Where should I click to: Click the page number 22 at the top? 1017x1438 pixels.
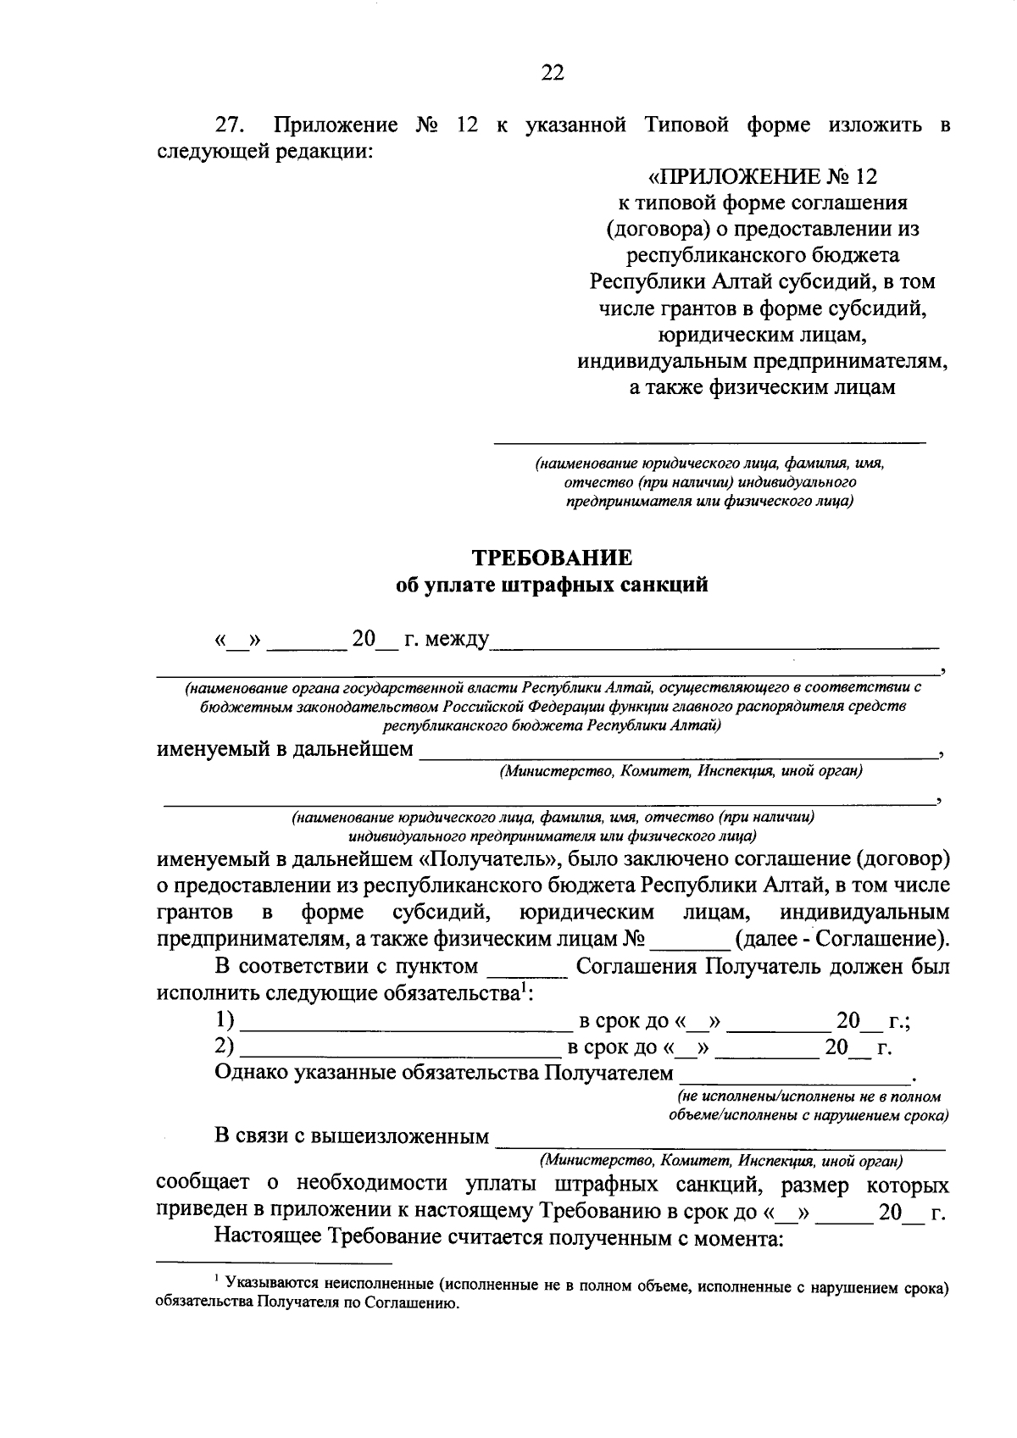(x=552, y=73)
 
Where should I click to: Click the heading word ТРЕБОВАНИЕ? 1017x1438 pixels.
(x=552, y=558)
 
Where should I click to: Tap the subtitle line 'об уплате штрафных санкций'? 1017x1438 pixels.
(x=552, y=585)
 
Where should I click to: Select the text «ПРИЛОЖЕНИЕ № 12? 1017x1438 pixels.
(x=763, y=176)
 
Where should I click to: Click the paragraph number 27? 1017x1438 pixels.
(x=229, y=125)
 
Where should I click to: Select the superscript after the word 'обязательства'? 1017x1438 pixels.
(x=525, y=986)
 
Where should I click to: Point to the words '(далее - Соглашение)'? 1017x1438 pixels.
(x=843, y=939)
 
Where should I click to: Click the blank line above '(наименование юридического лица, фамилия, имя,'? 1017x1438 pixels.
(x=710, y=440)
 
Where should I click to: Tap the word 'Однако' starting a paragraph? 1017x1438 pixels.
(x=251, y=1073)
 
